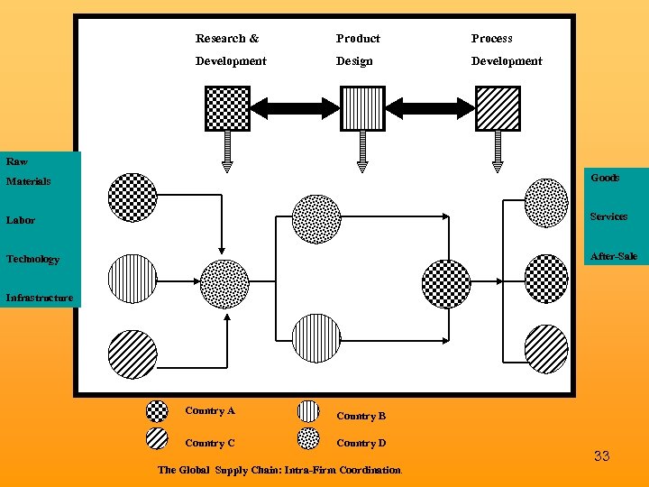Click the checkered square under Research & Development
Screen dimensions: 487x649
click(227, 108)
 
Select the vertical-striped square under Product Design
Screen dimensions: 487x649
click(362, 108)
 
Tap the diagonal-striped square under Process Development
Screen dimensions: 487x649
click(498, 108)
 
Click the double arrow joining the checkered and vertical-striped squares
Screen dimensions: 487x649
click(295, 109)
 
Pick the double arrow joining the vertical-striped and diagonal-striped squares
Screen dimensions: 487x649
click(430, 109)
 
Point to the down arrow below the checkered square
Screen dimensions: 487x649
click(227, 152)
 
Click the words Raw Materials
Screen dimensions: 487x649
click(28, 171)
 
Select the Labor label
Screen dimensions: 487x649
click(21, 220)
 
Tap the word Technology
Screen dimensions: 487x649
click(33, 260)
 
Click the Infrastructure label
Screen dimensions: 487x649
click(40, 298)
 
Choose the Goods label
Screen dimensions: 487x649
click(605, 178)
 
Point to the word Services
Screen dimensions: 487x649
click(608, 216)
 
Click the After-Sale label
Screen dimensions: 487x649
click(613, 256)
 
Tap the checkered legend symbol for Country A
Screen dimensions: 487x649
click(157, 411)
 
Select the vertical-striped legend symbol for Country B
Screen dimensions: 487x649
click(308, 411)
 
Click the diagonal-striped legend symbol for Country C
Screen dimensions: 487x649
click(157, 438)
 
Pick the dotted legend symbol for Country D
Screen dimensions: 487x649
click(308, 438)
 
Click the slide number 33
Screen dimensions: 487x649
click(601, 456)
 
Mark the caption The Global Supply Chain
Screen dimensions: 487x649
click(279, 470)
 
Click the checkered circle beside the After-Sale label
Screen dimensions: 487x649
click(546, 279)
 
